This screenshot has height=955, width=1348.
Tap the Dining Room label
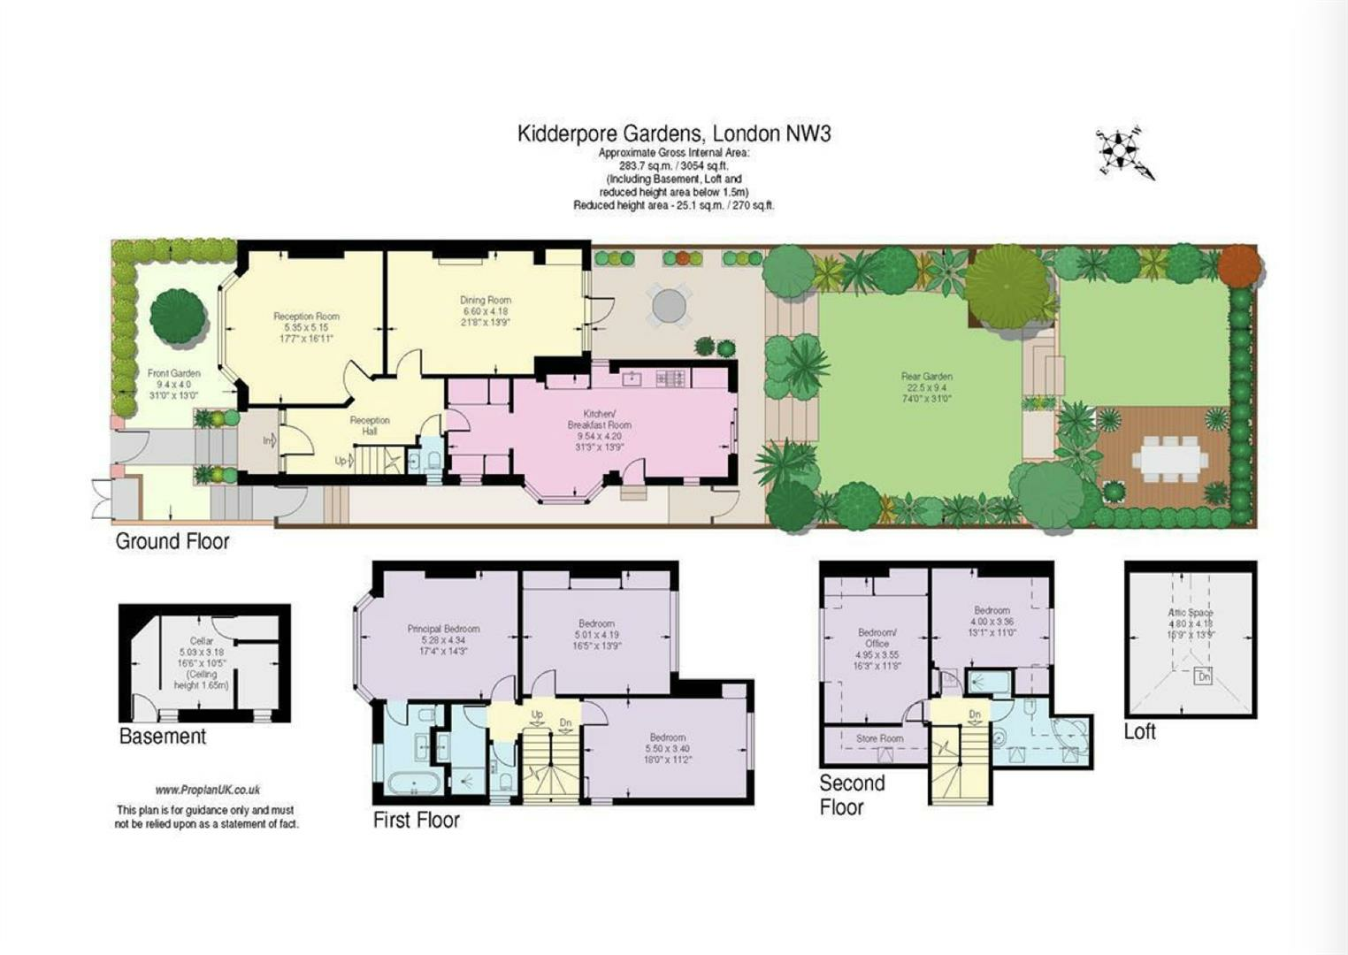[485, 300]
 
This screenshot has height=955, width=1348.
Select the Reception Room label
[306, 317]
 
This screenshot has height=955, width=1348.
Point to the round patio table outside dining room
[670, 305]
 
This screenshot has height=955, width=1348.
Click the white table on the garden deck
[1172, 460]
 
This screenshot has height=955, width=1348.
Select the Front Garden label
[173, 373]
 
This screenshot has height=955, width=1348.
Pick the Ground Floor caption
[172, 541]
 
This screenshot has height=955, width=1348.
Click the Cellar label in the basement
[202, 641]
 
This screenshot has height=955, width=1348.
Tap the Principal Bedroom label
[443, 629]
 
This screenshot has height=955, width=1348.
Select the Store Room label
[879, 738]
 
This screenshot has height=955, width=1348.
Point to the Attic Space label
[1191, 612]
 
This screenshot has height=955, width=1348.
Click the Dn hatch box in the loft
[1203, 678]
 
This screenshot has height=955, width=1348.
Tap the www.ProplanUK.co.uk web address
[207, 791]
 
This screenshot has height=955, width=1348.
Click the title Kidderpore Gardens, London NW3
[673, 134]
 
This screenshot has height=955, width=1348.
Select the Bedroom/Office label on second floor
[877, 638]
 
